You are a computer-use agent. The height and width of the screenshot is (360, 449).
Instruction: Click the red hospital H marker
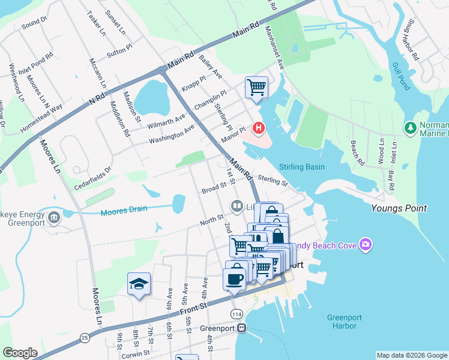(259, 128)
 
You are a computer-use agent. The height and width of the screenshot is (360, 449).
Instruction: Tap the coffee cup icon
(234, 278)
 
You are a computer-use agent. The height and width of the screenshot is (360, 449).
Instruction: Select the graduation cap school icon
(139, 284)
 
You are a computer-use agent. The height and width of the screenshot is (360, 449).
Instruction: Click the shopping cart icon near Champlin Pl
(256, 87)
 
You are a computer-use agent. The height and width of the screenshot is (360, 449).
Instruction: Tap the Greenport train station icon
(242, 328)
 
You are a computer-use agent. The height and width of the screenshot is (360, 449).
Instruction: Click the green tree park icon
(411, 128)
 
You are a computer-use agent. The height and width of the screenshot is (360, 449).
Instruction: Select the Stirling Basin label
(302, 167)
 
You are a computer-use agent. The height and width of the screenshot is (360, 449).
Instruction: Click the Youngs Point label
(399, 208)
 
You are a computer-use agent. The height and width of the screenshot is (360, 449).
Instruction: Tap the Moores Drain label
(122, 211)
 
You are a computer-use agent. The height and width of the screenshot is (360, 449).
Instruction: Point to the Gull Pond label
(400, 76)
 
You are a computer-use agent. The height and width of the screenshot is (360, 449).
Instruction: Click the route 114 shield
(237, 314)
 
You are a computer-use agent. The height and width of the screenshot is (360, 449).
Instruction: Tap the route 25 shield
(85, 337)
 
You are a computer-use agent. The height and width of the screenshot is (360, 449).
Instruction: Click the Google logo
(20, 353)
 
